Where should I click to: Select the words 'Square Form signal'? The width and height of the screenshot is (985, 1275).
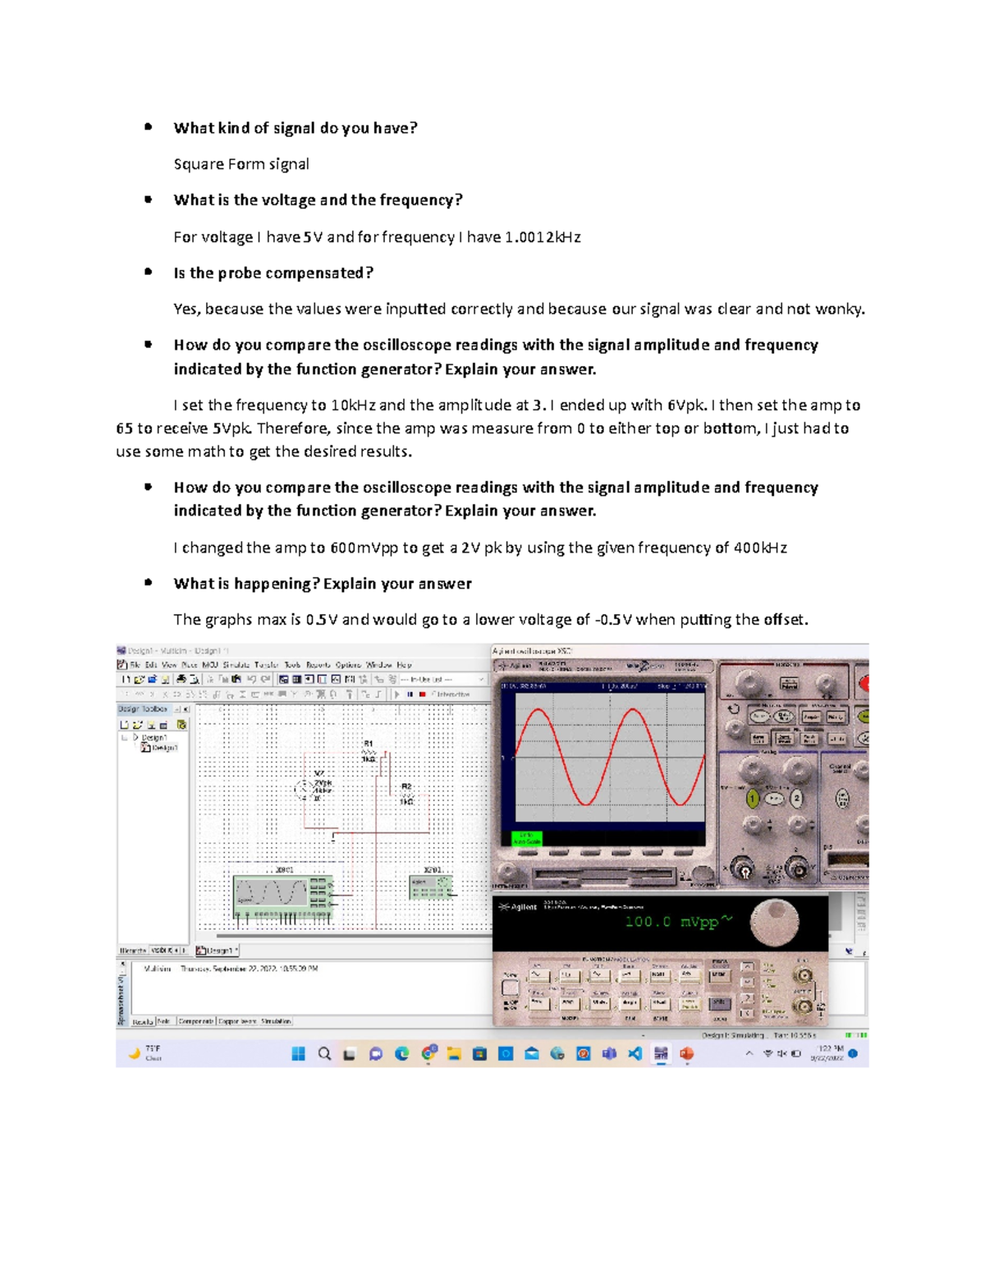[241, 164]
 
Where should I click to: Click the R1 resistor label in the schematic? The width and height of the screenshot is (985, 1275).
[369, 744]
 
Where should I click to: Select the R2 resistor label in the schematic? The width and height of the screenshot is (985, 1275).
[405, 787]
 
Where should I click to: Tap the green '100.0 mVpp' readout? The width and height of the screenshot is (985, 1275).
[671, 921]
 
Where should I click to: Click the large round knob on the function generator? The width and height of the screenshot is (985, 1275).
[773, 920]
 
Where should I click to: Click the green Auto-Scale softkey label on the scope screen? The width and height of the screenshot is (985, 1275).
[526, 838]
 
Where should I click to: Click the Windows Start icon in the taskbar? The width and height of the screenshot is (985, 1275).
[299, 1053]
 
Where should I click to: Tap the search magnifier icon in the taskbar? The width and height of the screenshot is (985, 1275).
[324, 1053]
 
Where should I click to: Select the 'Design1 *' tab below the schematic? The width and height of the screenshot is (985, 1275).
[217, 950]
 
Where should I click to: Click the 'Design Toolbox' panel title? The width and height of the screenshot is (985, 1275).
[143, 709]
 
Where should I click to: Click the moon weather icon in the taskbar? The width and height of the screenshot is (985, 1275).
[134, 1053]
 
